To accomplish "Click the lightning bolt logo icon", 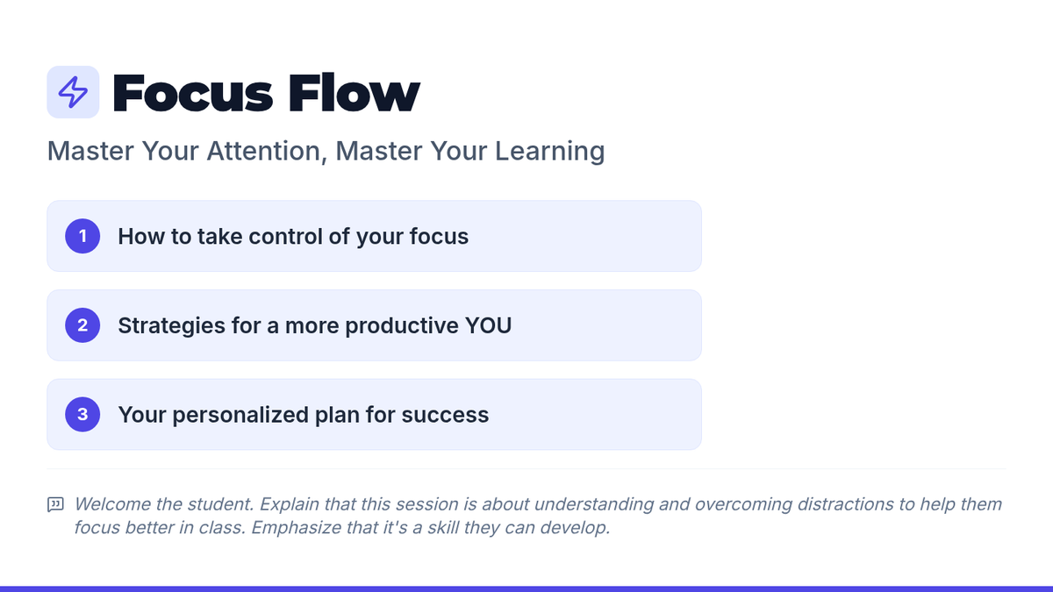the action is [x=73, y=92].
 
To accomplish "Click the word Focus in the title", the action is [x=193, y=93].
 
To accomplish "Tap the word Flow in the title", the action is [x=354, y=93].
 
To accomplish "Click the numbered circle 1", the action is [x=82, y=236].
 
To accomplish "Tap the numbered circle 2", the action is [x=82, y=325].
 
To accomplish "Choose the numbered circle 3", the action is [x=82, y=414].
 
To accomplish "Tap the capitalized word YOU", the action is [x=488, y=325].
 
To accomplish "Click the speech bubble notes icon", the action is [x=55, y=504].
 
